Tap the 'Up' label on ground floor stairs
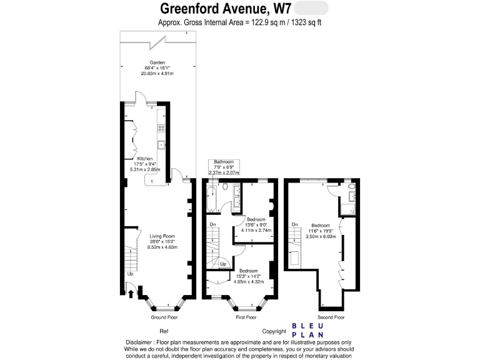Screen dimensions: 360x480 pos(130,274)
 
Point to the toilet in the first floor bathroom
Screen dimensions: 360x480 pos(224,189)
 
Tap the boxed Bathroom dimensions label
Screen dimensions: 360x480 pos(223,167)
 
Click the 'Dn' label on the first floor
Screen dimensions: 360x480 pos(213,224)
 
